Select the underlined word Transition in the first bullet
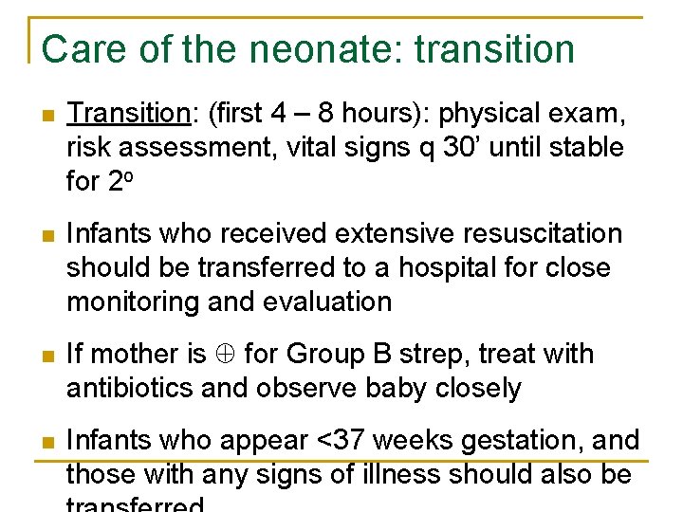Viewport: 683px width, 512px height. click(128, 114)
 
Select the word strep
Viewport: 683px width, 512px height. click(457, 355)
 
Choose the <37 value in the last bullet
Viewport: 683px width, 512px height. click(344, 440)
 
